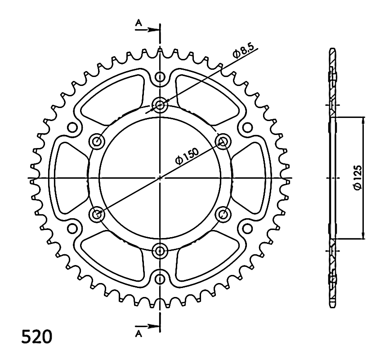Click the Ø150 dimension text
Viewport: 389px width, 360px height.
[187, 156]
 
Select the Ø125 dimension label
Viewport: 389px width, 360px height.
[358, 177]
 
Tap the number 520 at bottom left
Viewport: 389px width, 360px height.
[37, 337]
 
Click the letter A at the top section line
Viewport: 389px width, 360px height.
[139, 23]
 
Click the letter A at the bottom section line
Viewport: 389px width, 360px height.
[139, 334]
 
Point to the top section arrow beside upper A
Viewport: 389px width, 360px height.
[147, 30]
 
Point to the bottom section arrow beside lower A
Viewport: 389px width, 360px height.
[147, 326]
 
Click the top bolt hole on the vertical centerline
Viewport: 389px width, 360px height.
[160, 105]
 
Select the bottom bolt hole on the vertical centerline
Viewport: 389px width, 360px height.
[160, 251]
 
